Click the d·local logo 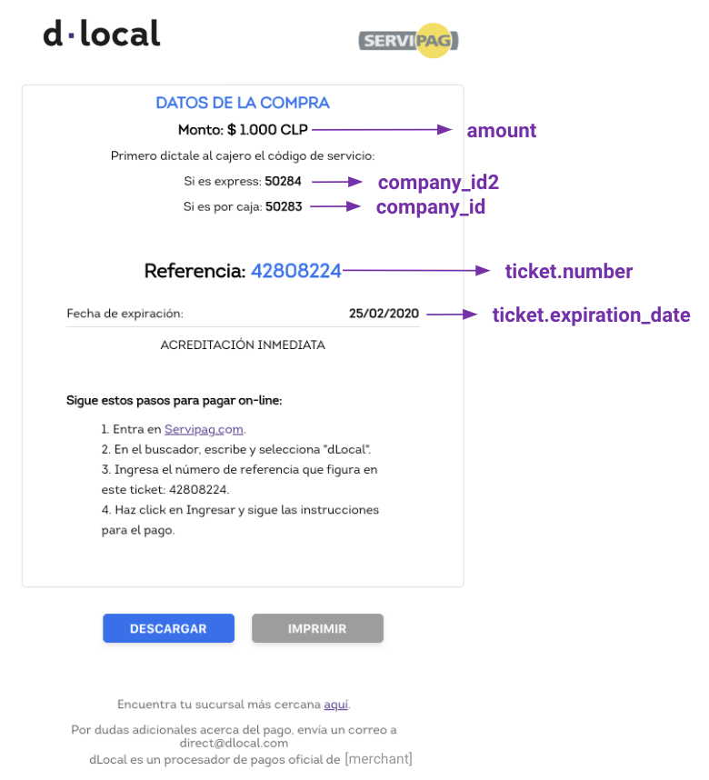tap(102, 34)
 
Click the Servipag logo tap(408, 40)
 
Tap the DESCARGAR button tap(169, 628)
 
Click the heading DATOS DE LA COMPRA tap(243, 103)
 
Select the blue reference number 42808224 tap(296, 271)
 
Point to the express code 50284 tap(283, 181)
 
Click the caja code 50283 tap(284, 206)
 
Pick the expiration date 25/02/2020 tap(384, 314)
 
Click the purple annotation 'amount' tap(502, 131)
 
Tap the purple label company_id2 tap(438, 183)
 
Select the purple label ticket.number tap(569, 272)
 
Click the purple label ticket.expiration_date tap(591, 315)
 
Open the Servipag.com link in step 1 tap(204, 429)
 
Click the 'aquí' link tap(335, 705)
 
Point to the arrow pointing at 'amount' tap(382, 130)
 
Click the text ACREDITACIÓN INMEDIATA tap(243, 345)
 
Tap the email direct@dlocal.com tap(234, 744)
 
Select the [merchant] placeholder tap(379, 759)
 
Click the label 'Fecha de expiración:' tap(125, 314)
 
